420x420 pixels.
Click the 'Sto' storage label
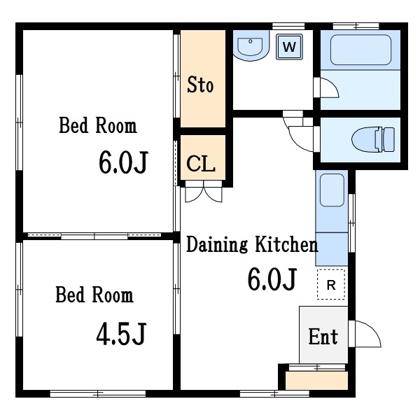click(200, 85)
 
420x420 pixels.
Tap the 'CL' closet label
click(201, 163)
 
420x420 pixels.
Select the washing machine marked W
click(289, 47)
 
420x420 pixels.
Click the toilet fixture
click(373, 139)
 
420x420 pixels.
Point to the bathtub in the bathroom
click(360, 50)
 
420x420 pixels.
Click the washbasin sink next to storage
click(251, 45)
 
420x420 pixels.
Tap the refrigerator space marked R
click(331, 284)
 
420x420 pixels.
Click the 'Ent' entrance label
click(323, 337)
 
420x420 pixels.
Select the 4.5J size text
click(121, 334)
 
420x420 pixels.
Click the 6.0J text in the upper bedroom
click(123, 162)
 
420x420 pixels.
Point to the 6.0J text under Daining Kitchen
click(272, 279)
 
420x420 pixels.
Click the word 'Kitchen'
click(286, 244)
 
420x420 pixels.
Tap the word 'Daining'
click(217, 244)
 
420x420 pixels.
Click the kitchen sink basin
click(332, 190)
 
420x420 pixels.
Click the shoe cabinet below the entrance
click(316, 380)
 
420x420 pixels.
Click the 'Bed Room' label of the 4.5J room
click(94, 295)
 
